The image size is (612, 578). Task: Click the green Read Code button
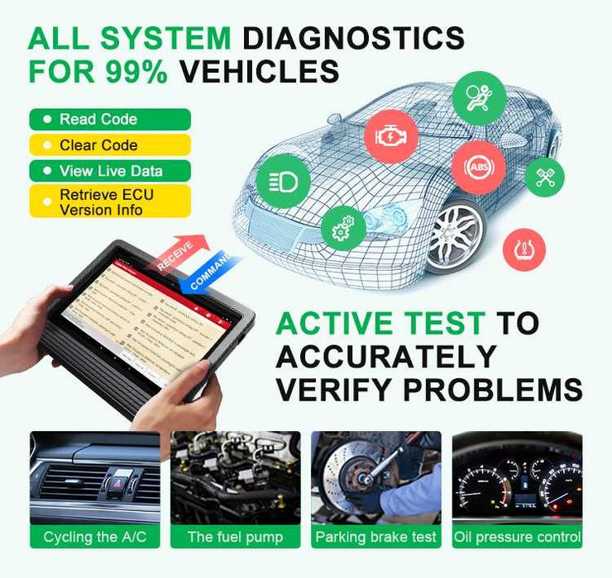click(x=110, y=119)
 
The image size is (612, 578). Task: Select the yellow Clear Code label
click(x=110, y=145)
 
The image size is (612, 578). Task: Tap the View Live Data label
click(x=110, y=172)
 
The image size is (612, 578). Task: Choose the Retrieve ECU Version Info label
click(x=110, y=201)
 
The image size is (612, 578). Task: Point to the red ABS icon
click(x=478, y=166)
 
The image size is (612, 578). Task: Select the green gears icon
click(x=342, y=229)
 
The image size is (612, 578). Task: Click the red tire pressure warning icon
click(x=524, y=249)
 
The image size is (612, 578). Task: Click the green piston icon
click(x=545, y=177)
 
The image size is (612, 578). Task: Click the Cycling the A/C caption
click(x=92, y=537)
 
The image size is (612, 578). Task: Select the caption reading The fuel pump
click(x=234, y=537)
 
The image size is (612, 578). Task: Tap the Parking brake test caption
click(x=376, y=537)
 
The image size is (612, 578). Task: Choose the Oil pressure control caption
click(x=517, y=537)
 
